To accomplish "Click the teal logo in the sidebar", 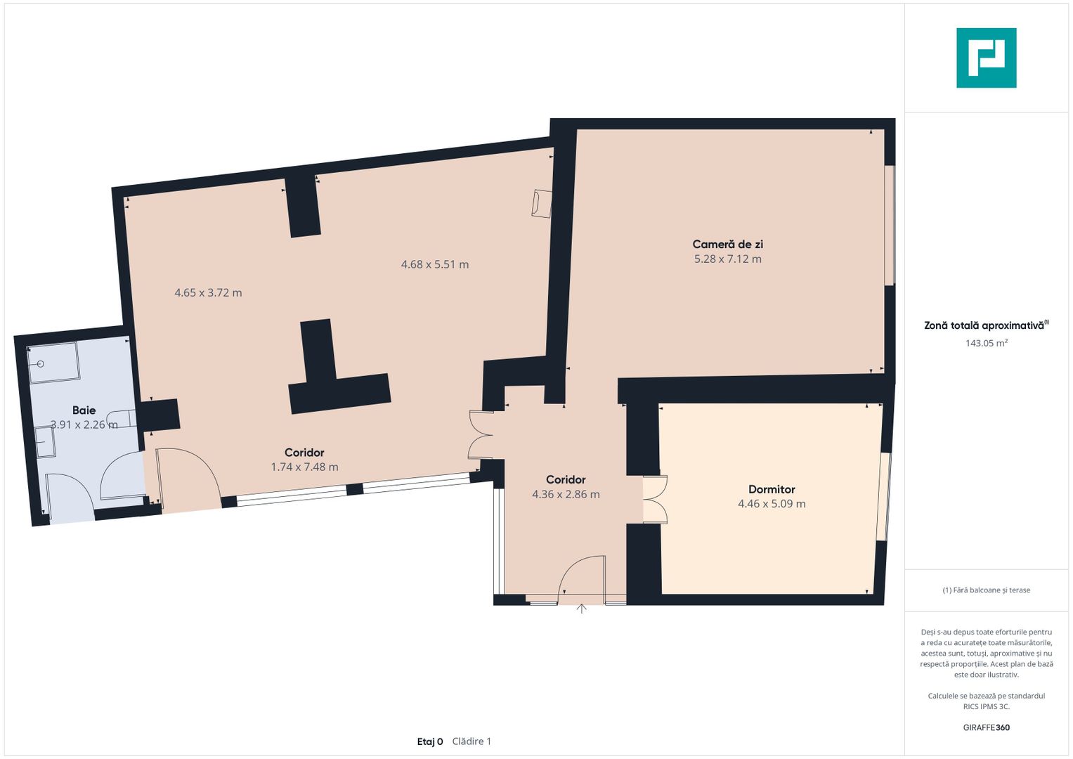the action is (987, 58).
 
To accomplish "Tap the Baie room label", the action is (84, 410).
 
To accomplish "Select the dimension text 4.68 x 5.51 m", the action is (434, 264).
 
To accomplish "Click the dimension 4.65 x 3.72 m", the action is (208, 293).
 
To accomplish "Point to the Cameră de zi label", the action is (727, 245).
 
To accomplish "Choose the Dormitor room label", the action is (772, 489).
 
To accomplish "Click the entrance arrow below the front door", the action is (581, 609).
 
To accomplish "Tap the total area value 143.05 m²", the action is (987, 343).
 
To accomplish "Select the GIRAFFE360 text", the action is (987, 727).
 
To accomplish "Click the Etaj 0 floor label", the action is (429, 741).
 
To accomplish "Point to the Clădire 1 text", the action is (472, 741).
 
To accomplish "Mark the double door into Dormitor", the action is (656, 500).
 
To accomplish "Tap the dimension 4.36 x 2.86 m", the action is (566, 495).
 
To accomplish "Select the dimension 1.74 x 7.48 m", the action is (304, 467).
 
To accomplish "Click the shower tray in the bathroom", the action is (53, 362).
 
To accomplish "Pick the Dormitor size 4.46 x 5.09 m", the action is (772, 504).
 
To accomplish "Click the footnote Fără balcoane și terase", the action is (987, 590).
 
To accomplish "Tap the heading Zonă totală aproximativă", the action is (986, 325).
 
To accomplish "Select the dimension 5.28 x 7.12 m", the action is (727, 259).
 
